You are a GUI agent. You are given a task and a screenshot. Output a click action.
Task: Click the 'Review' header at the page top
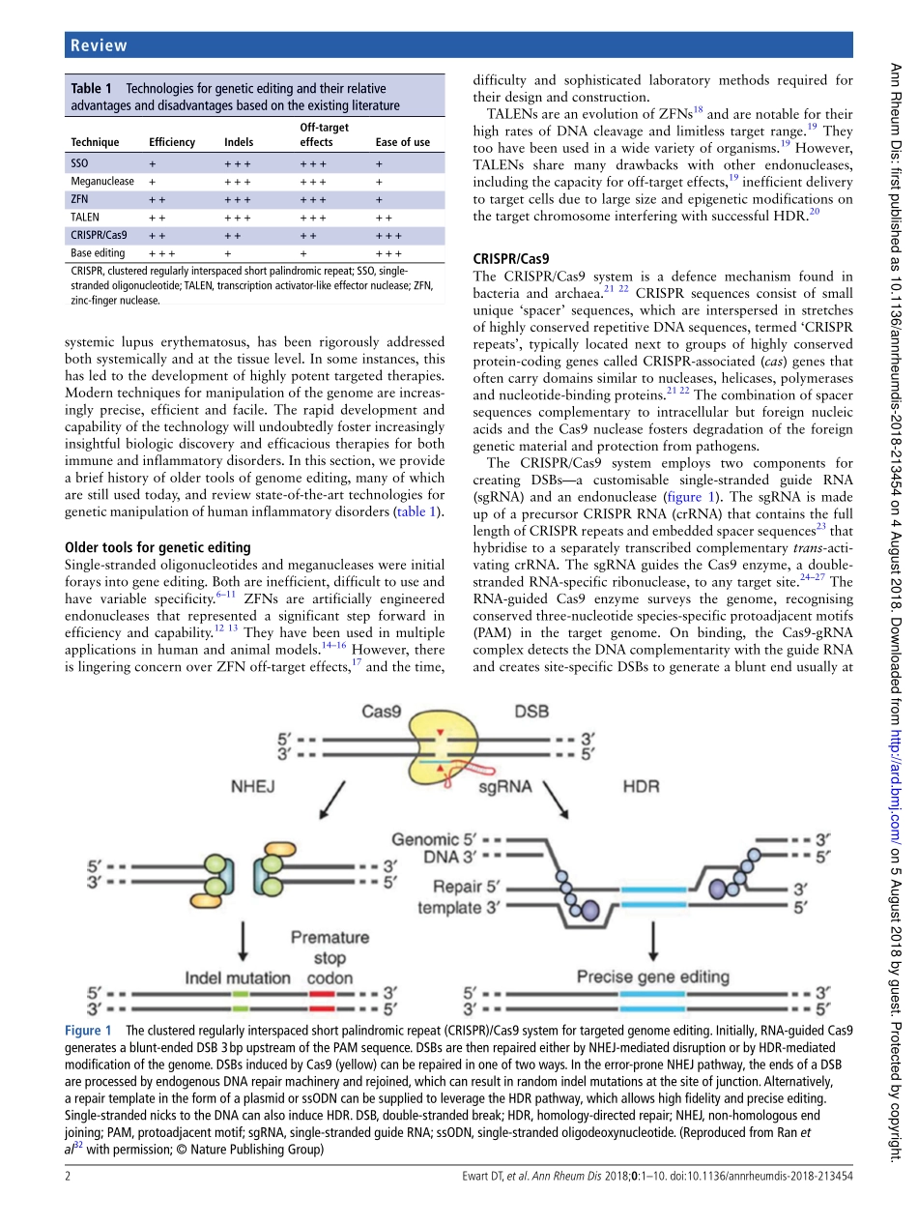click(x=99, y=45)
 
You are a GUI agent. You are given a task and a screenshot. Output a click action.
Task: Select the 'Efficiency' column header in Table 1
click(x=172, y=142)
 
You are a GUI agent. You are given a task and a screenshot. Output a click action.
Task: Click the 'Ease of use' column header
click(x=402, y=142)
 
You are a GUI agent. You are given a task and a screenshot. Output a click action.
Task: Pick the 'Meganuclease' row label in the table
click(x=102, y=181)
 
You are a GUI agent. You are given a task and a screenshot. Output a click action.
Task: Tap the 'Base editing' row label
click(x=98, y=253)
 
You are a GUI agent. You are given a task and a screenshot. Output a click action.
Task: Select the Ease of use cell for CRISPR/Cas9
click(x=388, y=235)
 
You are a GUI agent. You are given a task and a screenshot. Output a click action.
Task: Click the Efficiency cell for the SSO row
click(x=153, y=163)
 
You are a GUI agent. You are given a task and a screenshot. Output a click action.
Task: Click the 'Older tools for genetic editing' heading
click(x=157, y=547)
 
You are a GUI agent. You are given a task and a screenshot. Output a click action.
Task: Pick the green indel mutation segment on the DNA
click(x=242, y=993)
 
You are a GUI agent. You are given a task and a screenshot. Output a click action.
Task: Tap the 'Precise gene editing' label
click(x=652, y=977)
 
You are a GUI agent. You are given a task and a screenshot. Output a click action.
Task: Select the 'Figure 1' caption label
click(x=89, y=1031)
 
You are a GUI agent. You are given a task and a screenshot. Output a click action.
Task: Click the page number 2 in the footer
click(x=68, y=1176)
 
